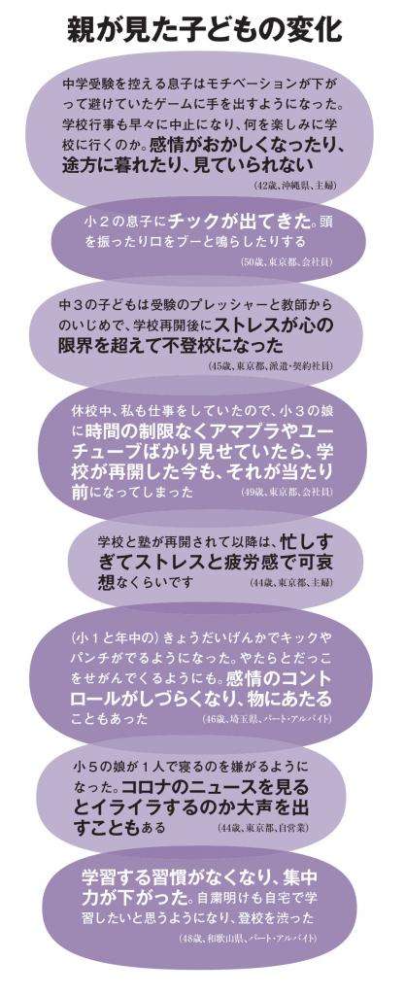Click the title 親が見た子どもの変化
(205, 30)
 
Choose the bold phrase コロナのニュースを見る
(216, 786)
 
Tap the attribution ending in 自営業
(263, 828)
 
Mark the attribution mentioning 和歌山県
(249, 938)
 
